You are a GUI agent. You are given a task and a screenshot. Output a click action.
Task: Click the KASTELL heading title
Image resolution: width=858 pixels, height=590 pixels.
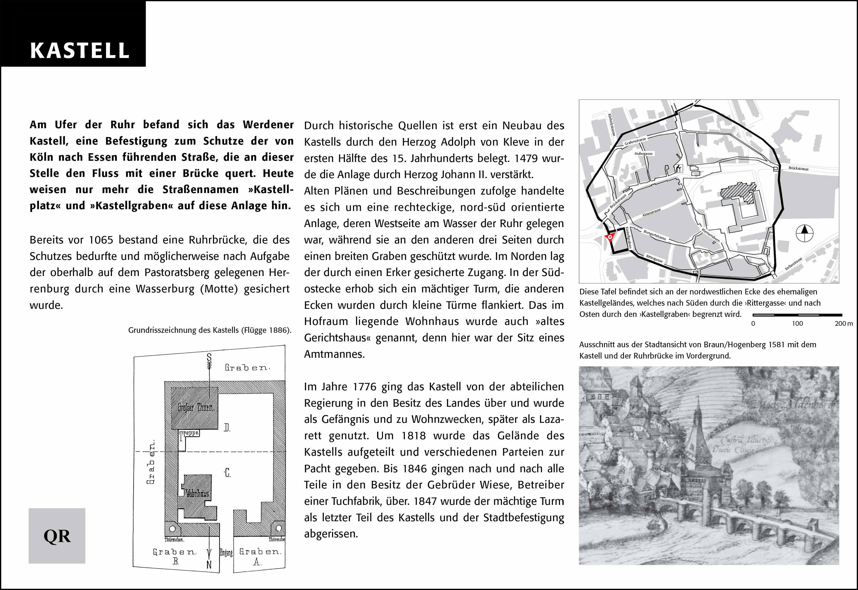coord(80,51)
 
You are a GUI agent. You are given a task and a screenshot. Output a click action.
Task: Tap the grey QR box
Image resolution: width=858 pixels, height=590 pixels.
coord(57,536)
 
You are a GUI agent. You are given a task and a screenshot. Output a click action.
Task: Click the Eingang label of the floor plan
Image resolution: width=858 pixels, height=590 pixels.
coord(226,552)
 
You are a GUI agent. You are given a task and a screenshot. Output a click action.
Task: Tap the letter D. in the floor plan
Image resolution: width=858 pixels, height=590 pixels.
coord(227,428)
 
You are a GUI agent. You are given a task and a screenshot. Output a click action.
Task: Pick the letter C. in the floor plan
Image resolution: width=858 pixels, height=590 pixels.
coord(227,473)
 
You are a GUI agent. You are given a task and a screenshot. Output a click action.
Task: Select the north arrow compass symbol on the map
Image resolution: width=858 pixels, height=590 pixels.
coord(804,233)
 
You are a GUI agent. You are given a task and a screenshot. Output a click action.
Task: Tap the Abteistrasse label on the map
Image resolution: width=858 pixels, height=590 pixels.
coord(651,213)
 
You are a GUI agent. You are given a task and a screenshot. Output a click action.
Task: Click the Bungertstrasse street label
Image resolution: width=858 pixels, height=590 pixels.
coord(655,235)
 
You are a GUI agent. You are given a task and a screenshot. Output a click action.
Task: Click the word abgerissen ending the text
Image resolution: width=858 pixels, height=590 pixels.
coord(331,534)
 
